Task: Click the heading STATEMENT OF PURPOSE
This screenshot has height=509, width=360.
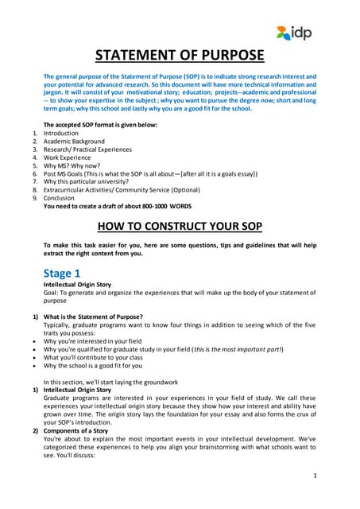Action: click(180, 55)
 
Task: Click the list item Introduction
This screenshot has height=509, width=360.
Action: click(62, 134)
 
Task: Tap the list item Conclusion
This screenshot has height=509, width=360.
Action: click(60, 198)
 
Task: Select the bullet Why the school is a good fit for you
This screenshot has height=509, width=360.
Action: click(93, 366)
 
